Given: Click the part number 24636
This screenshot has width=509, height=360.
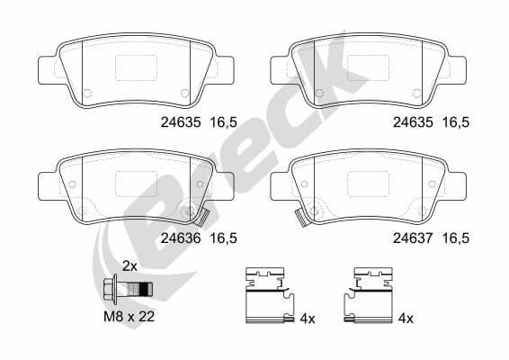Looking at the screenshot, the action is [181, 238].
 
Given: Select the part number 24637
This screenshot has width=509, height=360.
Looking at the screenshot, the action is [413, 238].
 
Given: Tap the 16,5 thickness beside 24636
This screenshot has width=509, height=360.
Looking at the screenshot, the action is [224, 238].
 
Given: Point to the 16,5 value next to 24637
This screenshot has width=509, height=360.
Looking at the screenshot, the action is [456, 238].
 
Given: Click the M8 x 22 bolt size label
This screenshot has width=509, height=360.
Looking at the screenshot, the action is [129, 316].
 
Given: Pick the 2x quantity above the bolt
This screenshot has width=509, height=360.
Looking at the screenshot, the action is [129, 266].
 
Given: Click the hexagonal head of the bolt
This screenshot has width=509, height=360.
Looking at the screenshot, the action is [109, 289].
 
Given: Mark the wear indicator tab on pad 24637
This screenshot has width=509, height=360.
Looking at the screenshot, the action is [302, 218].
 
